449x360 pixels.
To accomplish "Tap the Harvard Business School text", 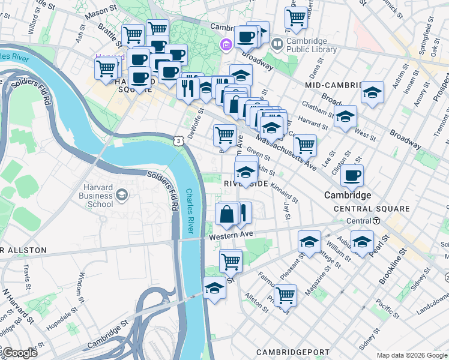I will tap(89, 196).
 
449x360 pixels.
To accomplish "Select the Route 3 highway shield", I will tap(178, 140).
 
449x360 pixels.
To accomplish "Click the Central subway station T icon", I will tap(376, 221).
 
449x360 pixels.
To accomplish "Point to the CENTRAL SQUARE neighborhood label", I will tap(372, 209).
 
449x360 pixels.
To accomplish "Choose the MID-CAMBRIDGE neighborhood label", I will tap(332, 85).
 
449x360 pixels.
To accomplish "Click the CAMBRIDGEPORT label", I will tap(292, 352).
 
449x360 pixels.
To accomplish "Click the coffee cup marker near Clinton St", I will tap(352, 175).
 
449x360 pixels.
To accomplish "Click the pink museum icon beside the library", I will tap(226, 44).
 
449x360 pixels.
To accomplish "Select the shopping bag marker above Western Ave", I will tap(227, 214).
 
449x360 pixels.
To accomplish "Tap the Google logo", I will tap(19, 353).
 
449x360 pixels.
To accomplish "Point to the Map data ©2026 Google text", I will tap(412, 355).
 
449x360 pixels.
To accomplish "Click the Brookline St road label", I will tap(393, 270).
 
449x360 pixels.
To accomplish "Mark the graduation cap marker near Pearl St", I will tap(362, 241).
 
